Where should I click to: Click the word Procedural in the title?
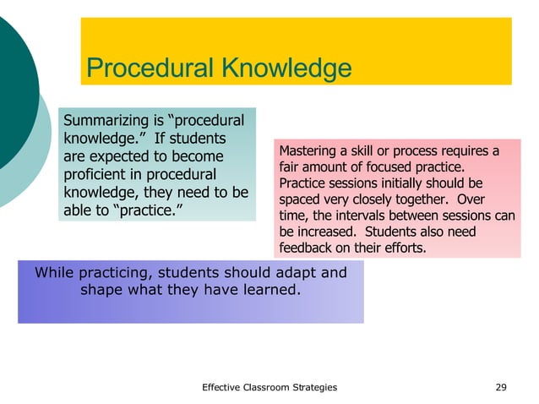pos(148,68)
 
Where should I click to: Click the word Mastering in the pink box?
pos(309,151)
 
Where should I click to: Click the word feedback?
pos(303,248)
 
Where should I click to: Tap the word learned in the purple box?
pos(269,290)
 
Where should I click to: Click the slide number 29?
pos(501,387)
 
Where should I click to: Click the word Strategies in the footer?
pos(313,387)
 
